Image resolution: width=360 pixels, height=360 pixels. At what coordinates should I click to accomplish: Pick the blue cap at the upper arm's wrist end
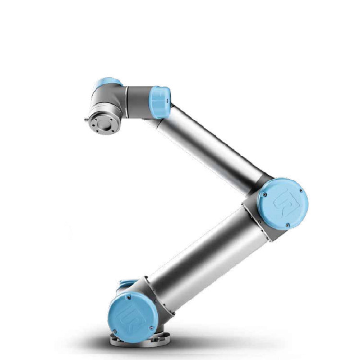[x=160, y=102]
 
